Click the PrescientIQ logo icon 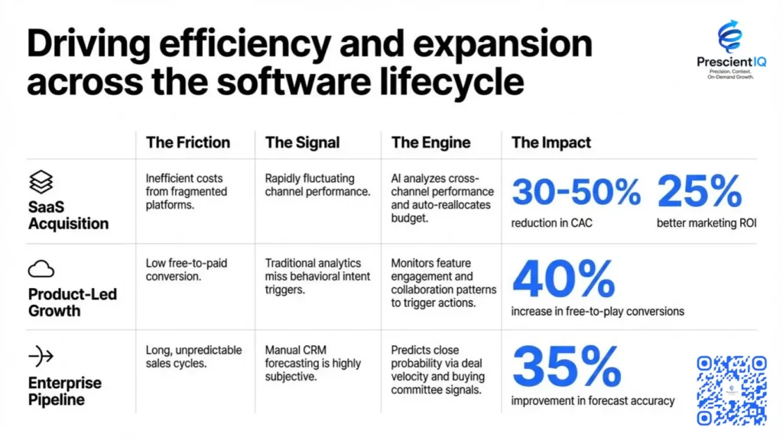[x=729, y=36]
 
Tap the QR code [x=731, y=390]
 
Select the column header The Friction [x=187, y=142]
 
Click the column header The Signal [x=302, y=142]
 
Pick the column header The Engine [x=430, y=142]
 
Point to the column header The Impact [x=551, y=142]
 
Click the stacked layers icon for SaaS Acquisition [x=41, y=182]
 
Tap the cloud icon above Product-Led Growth [x=41, y=268]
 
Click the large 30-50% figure [x=576, y=192]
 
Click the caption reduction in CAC [x=551, y=223]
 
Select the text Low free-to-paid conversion [x=186, y=270]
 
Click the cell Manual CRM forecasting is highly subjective [x=312, y=363]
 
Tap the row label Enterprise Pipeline [x=65, y=390]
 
